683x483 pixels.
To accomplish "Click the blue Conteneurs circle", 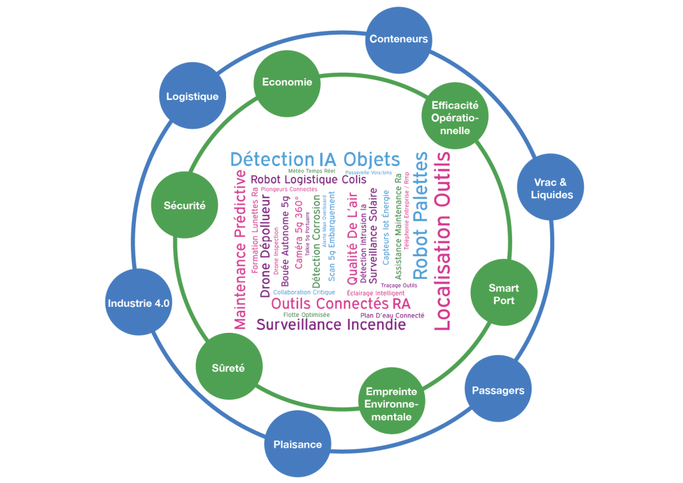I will point(399,39).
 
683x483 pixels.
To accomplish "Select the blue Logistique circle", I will point(192,97).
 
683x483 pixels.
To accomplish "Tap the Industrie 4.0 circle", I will point(139,303).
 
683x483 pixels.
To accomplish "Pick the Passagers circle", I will point(498,390).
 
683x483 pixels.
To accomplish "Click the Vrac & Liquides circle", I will point(552,188).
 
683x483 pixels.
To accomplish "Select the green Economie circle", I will point(287,82).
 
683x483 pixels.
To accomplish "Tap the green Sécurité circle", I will point(185,205).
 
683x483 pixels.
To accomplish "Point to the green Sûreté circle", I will point(228,368).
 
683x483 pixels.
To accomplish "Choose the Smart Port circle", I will point(504,294).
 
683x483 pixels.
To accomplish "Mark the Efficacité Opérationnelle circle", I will point(456,117).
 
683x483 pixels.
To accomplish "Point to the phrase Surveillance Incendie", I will point(331,326).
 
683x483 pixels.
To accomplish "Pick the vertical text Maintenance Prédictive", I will point(240,249).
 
